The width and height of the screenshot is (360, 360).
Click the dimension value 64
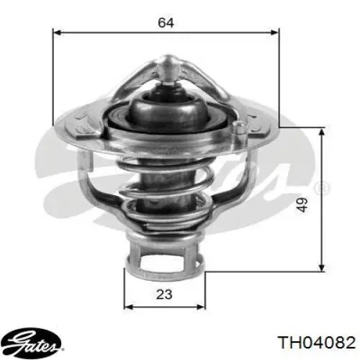click(166, 22)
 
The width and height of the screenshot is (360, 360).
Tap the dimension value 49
click(302, 204)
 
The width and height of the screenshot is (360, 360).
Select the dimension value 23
click(164, 294)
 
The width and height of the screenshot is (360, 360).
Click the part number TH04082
click(316, 342)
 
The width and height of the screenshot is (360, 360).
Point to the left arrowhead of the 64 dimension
click(57, 32)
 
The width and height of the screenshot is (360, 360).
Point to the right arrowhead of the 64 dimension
click(275, 32)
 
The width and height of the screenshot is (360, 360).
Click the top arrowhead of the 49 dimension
click(322, 132)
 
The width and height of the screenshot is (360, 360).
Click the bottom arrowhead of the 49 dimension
click(322, 268)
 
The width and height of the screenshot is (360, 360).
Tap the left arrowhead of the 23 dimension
click(128, 307)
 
